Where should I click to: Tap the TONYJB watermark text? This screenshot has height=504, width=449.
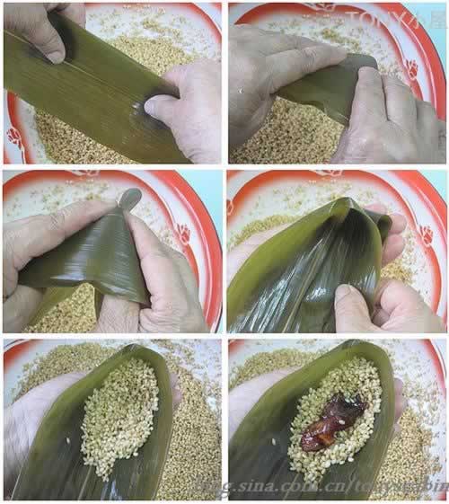[x=395, y=18]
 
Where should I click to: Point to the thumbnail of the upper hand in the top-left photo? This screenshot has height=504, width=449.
[x=55, y=56]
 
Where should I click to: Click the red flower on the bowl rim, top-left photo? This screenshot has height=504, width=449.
[x=13, y=137]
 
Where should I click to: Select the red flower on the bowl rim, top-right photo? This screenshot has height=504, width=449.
[x=414, y=68]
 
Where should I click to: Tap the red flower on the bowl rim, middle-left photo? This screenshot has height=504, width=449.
[x=184, y=235]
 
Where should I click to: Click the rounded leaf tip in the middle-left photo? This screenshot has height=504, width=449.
[x=131, y=198]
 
